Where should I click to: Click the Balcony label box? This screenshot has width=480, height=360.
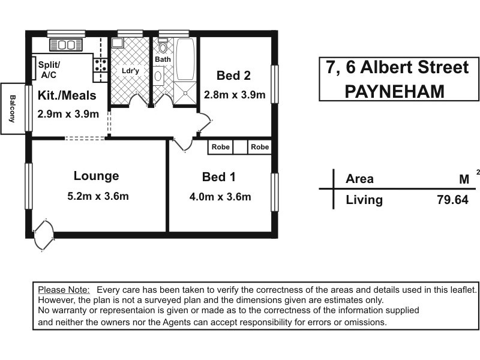click(x=12, y=108)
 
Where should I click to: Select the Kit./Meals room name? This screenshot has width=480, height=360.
click(x=67, y=95)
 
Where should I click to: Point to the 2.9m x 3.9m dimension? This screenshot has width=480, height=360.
click(x=68, y=114)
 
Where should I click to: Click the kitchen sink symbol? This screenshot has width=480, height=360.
click(x=66, y=44)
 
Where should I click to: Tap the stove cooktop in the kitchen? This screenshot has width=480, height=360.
click(x=100, y=65)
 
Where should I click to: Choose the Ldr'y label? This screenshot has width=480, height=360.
click(x=130, y=71)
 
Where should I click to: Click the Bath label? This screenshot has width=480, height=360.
click(x=163, y=59)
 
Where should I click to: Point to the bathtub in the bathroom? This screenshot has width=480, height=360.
click(x=185, y=59)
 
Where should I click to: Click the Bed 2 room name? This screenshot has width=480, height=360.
click(x=233, y=76)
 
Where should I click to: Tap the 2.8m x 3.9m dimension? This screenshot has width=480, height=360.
click(x=235, y=95)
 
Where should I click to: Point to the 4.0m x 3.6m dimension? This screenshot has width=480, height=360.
click(x=220, y=196)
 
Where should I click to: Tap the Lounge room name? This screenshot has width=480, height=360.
click(x=96, y=176)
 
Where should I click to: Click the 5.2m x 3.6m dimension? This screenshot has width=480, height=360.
click(x=98, y=196)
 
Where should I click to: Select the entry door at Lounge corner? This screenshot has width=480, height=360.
click(x=43, y=235)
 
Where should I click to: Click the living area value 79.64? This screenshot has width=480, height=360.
click(x=452, y=200)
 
